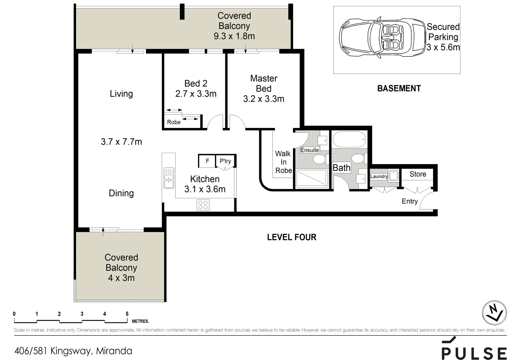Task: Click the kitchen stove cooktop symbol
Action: click(203, 205)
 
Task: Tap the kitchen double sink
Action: click(169, 178)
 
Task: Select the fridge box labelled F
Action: click(207, 161)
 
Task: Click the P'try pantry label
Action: click(225, 161)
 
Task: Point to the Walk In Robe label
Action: click(283, 162)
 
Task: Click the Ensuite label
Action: click(310, 150)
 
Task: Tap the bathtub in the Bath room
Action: click(349, 139)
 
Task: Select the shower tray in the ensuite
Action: click(312, 179)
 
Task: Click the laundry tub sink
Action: click(394, 175)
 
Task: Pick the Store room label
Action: click(418, 174)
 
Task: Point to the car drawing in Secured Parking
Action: click(382, 37)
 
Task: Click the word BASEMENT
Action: click(399, 88)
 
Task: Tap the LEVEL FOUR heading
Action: click(292, 237)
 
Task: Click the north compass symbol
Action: click(494, 313)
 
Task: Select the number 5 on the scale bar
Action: click(127, 314)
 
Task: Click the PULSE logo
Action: click(474, 349)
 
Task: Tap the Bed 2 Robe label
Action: click(174, 122)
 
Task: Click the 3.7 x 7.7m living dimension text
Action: click(121, 142)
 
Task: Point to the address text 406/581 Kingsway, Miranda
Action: click(73, 351)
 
